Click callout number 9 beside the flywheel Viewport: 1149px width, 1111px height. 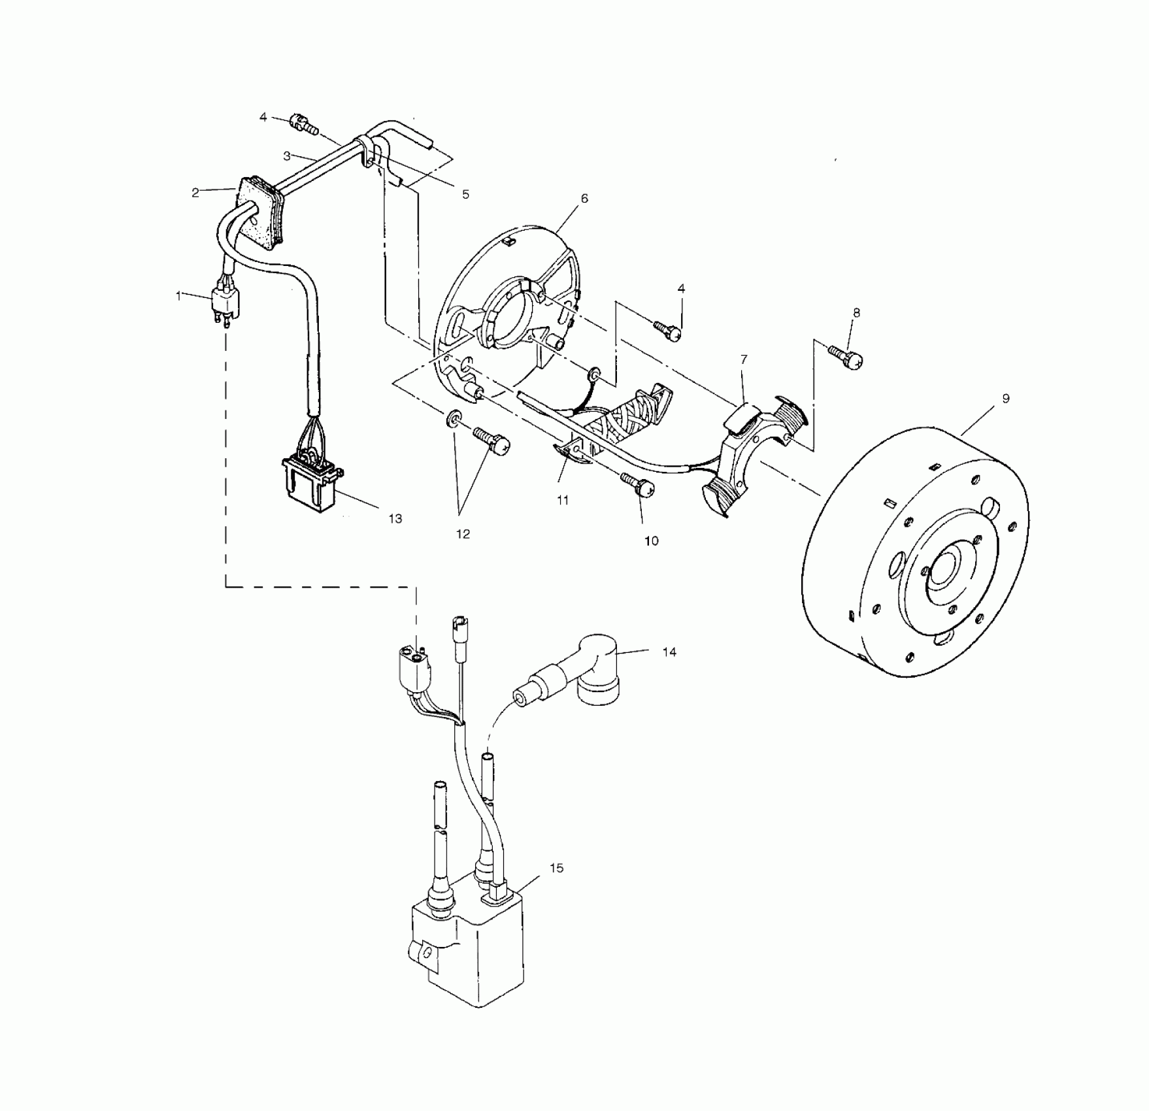pos(1005,399)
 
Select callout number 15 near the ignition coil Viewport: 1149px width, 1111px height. pos(556,869)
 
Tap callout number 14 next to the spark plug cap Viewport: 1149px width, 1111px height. pos(669,652)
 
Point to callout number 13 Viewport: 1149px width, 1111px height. pos(395,519)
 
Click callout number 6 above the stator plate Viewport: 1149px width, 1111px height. pos(584,198)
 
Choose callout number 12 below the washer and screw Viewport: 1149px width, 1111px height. pos(463,535)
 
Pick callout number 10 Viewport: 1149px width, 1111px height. pos(652,541)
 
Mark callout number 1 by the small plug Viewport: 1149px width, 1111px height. pos(178,295)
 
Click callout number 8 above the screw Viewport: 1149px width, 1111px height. pos(856,313)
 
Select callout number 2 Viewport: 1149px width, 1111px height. pos(195,193)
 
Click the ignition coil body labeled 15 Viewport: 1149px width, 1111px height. pos(467,954)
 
